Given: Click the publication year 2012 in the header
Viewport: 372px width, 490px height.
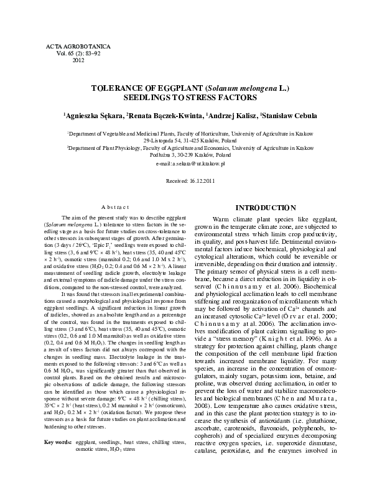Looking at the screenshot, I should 78,61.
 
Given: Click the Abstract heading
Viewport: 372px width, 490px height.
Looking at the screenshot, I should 114,207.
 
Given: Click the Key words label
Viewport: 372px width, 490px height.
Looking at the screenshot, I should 58,460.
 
